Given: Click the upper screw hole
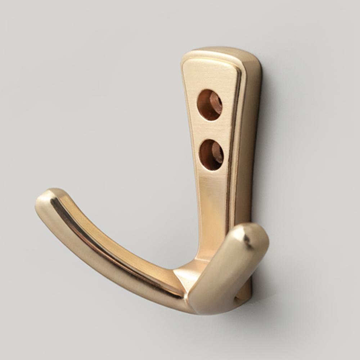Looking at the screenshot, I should click(x=210, y=105).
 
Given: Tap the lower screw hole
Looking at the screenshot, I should click(x=211, y=155).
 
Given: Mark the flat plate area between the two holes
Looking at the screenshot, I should click(x=211, y=130).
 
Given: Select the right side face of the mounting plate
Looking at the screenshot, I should click(x=252, y=144).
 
